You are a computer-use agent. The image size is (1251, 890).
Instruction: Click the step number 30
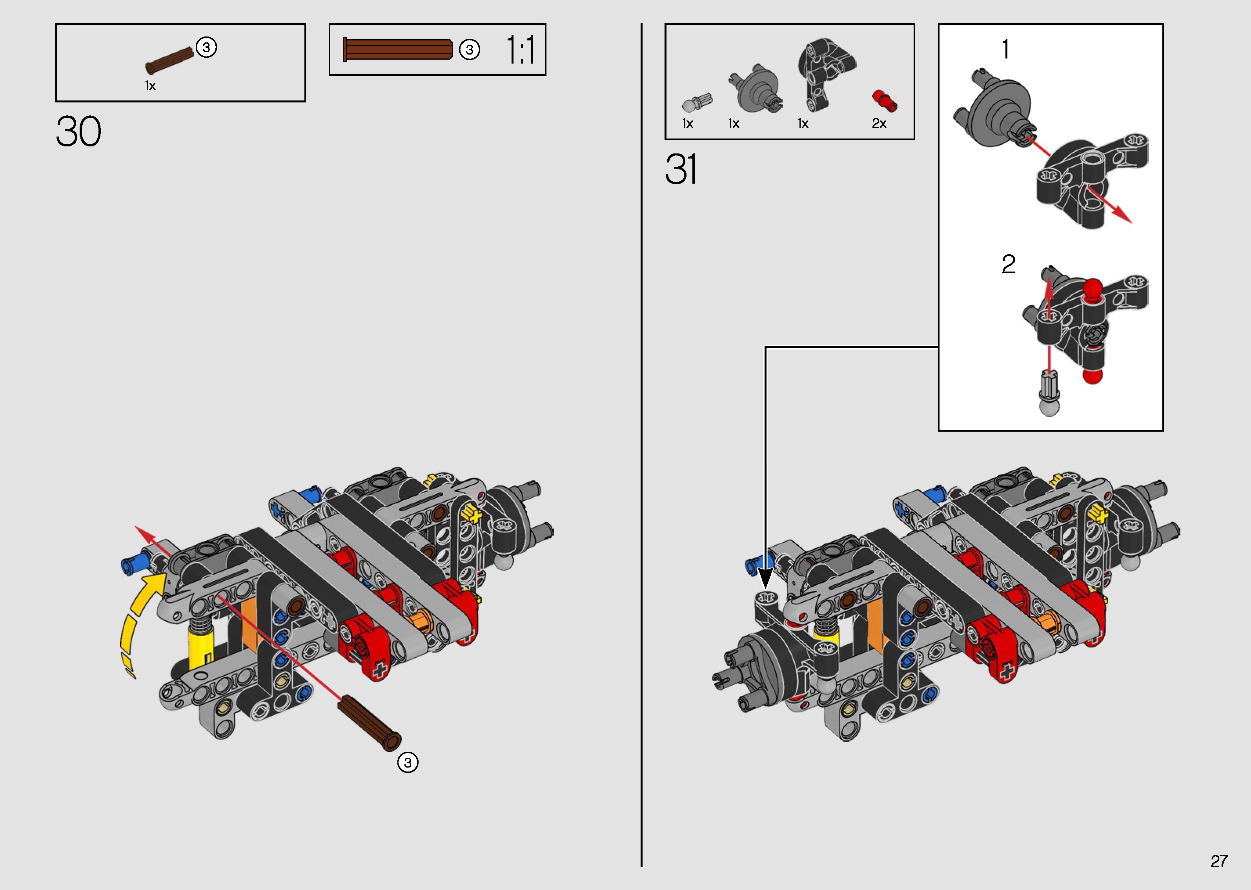pos(78,131)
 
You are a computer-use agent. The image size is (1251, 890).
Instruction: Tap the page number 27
pos(1219,861)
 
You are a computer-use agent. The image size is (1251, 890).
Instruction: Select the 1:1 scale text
pos(520,50)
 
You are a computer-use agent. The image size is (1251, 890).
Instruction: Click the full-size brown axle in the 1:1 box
pos(398,49)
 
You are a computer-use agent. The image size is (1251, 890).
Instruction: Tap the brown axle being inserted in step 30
pos(369,722)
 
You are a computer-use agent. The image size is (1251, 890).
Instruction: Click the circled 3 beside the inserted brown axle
pos(408,762)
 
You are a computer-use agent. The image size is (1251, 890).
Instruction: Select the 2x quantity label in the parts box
pos(879,124)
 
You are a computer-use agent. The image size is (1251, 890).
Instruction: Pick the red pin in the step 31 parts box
pos(884,101)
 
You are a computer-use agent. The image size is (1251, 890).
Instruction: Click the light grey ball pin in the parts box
pos(697,102)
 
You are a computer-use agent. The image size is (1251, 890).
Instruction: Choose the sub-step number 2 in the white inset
pos(1008,264)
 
